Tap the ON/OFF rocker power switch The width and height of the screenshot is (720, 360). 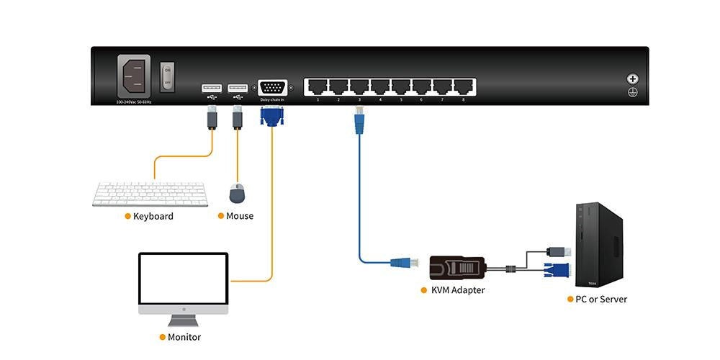click(167, 75)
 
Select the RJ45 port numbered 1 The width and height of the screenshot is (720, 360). click(318, 86)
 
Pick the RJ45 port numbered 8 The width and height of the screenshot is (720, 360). click(463, 86)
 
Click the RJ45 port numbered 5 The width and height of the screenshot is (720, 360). click(401, 86)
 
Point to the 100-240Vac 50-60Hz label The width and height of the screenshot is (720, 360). click(134, 102)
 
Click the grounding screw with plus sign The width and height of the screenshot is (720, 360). click(633, 79)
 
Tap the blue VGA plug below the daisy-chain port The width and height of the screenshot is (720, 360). click(272, 115)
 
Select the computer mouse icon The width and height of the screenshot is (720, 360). click(238, 192)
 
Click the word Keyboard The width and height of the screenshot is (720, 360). click(153, 216)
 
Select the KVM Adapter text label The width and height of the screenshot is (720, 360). click(458, 290)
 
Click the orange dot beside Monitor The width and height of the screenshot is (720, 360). click(163, 337)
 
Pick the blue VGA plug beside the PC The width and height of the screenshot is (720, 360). click(559, 271)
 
